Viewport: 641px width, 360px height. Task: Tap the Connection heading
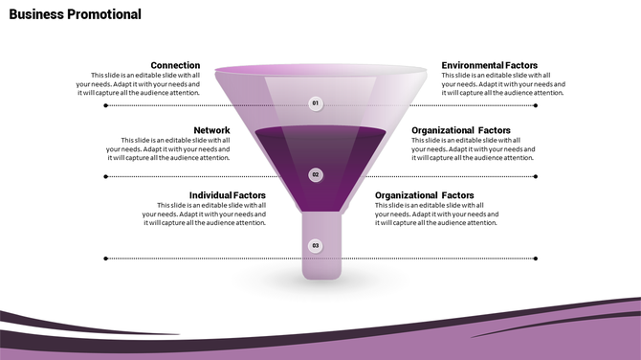click(x=175, y=65)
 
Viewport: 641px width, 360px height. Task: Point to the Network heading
click(x=211, y=130)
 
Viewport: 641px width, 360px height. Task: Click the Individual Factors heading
click(x=228, y=195)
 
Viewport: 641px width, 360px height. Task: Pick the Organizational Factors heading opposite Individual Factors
click(x=425, y=195)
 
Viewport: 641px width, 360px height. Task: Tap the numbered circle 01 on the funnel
click(x=316, y=102)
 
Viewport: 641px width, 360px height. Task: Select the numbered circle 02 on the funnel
click(x=316, y=175)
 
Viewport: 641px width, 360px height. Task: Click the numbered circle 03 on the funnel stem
click(x=316, y=246)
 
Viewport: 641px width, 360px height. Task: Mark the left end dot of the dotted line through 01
click(x=106, y=106)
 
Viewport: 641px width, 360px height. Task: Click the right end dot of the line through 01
click(x=536, y=106)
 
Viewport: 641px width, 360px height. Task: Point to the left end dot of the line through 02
click(x=106, y=176)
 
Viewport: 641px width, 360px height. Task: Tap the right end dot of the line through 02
click(x=536, y=176)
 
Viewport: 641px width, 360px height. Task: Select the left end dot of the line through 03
click(x=106, y=258)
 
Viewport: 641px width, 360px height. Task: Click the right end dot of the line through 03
click(x=536, y=258)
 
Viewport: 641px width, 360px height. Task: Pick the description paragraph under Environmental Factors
click(x=503, y=84)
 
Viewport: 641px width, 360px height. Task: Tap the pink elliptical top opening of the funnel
click(x=320, y=71)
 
